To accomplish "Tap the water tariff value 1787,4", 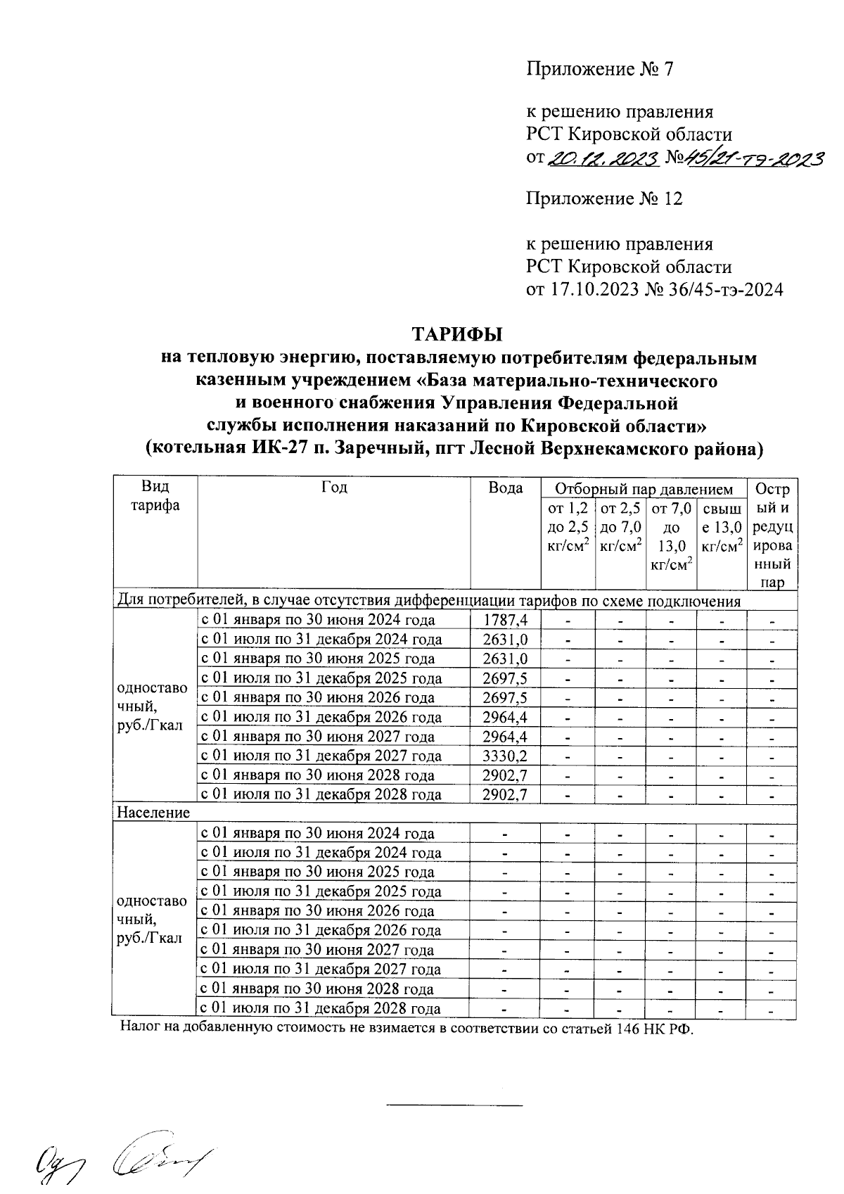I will pyautogui.click(x=505, y=620).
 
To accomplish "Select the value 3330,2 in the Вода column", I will pyautogui.click(x=505, y=756).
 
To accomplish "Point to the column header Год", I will pyautogui.click(x=334, y=488).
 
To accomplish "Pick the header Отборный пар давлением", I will pyautogui.click(x=644, y=489).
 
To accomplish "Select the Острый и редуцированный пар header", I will pyautogui.click(x=772, y=535).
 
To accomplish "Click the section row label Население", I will pyautogui.click(x=153, y=813).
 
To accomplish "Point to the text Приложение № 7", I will pyautogui.click(x=601, y=69).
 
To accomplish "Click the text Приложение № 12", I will pyautogui.click(x=605, y=199).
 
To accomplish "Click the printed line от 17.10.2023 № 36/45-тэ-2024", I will pyautogui.click(x=654, y=290).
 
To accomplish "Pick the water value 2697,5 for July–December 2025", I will pyautogui.click(x=505, y=678).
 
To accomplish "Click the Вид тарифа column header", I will pyautogui.click(x=155, y=497).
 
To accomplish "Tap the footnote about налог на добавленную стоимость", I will pyautogui.click(x=407, y=1029).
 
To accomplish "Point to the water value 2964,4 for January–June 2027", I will pyautogui.click(x=505, y=737).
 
